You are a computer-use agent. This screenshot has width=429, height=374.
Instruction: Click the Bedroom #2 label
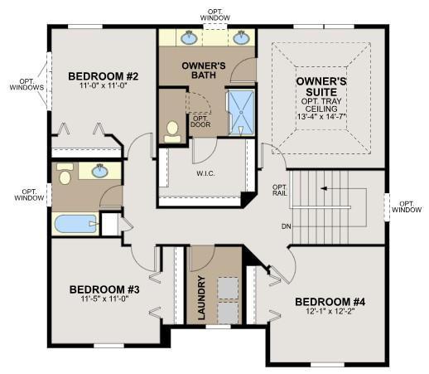104,76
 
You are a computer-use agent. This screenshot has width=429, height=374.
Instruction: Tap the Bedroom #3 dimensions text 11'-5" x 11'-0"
105,299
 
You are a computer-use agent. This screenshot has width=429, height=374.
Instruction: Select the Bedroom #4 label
330,302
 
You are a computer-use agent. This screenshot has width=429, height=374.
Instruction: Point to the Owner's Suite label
321,86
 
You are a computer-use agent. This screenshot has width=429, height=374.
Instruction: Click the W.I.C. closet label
205,174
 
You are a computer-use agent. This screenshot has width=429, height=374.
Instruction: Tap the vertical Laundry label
202,298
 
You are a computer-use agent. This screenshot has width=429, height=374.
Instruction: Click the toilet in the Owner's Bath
173,132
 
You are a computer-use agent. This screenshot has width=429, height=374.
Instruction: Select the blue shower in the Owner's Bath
242,113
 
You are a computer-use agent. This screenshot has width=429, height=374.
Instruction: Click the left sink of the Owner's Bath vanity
189,37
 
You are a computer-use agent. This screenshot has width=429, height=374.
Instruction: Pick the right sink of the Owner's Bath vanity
241,37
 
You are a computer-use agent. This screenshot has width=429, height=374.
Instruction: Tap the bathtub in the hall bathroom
77,224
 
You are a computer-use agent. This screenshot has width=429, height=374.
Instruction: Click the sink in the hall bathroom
100,171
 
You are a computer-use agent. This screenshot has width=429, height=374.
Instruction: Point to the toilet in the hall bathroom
65,174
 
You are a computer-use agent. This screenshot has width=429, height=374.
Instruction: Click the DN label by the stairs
287,226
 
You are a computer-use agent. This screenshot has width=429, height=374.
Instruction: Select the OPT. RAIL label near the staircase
280,190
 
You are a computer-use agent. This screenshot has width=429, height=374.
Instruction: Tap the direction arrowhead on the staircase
324,188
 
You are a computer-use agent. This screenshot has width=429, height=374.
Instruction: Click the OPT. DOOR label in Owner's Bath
200,122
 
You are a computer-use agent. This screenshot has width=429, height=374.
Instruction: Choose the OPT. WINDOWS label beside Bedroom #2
27,85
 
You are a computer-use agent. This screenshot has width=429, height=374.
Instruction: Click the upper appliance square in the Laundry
228,288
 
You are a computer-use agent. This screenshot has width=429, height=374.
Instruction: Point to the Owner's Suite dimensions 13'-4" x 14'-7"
321,116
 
